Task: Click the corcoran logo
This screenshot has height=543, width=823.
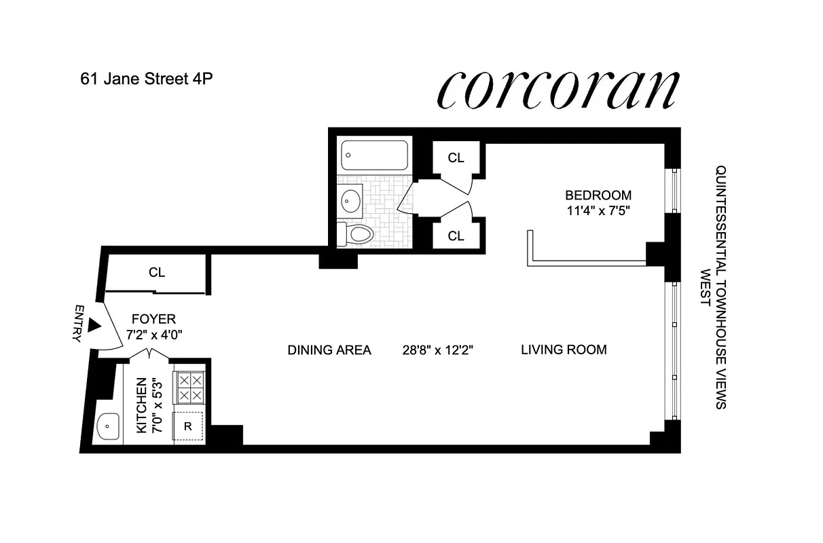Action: point(559,89)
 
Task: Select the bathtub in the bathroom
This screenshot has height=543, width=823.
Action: point(375,155)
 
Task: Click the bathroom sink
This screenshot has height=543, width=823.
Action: point(351,201)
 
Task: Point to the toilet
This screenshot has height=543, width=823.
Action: point(356,234)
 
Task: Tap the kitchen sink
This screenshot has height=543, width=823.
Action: point(108,428)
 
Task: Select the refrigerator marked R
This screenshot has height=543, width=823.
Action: point(189,428)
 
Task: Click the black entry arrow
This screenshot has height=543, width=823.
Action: point(95,326)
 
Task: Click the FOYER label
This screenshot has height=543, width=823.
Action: point(153,318)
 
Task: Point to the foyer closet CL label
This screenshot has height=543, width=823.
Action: point(157,273)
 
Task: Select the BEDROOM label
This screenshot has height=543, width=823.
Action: point(598,195)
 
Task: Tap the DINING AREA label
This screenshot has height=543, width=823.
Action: point(329,350)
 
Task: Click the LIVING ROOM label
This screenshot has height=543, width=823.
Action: point(564,350)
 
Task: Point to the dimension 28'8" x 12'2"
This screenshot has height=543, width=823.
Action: point(437,350)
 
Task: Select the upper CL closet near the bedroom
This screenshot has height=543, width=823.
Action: point(456,158)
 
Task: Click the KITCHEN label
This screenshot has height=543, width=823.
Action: point(142,405)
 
